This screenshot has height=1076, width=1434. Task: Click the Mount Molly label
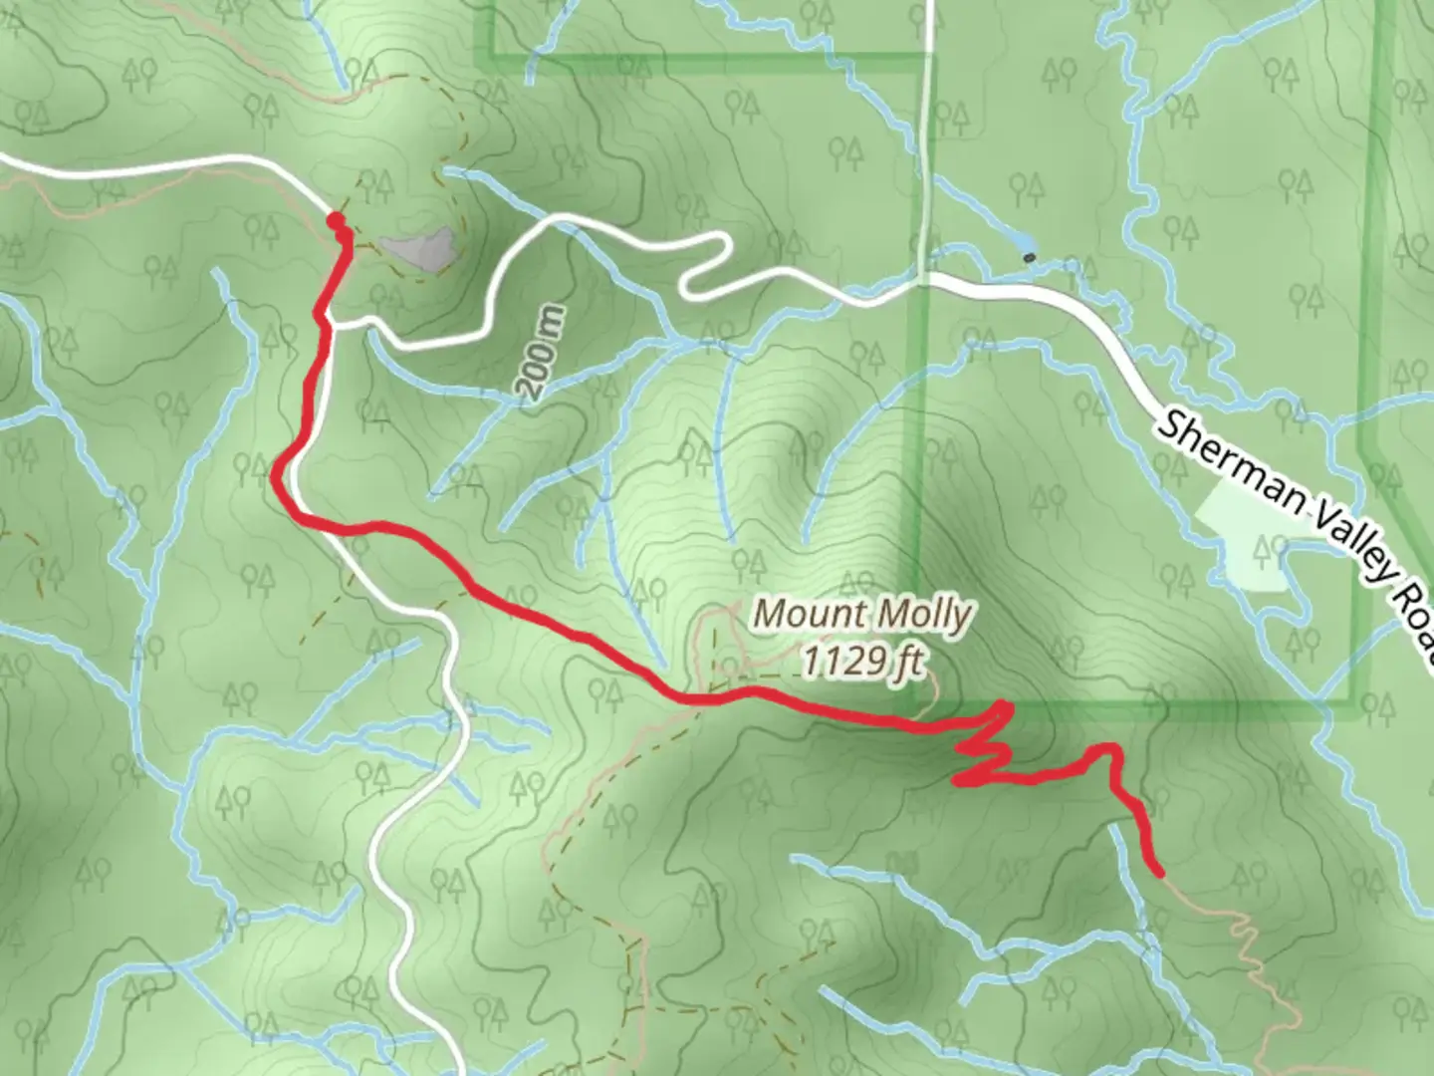860,614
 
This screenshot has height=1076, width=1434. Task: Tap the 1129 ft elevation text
862,661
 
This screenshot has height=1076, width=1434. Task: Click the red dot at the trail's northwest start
336,220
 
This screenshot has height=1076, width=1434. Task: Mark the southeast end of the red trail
1158,874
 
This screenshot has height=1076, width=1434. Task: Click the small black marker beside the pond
1030,258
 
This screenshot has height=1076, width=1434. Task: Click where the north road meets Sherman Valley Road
925,279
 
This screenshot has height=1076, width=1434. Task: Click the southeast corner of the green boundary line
1356,709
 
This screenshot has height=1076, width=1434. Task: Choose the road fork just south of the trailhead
333,324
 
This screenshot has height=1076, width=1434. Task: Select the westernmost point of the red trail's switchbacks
957,781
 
